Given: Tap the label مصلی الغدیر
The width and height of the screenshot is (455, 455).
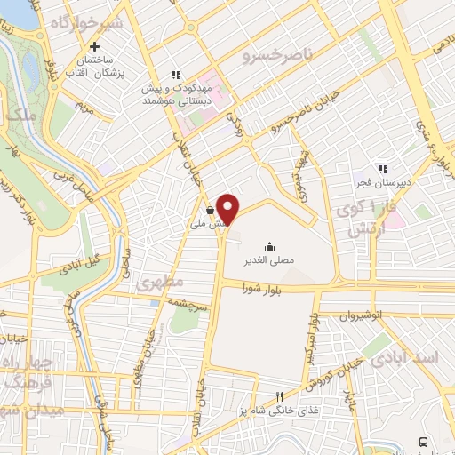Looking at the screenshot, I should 267,262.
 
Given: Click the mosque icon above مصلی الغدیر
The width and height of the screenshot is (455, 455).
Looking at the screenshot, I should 268,246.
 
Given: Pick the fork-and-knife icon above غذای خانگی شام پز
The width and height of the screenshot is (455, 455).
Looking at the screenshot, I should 278,396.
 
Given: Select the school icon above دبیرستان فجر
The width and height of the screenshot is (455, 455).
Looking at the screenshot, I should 383,168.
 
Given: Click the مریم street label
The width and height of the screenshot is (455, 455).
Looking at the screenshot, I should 86,110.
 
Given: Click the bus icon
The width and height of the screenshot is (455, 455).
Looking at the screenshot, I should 423,441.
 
